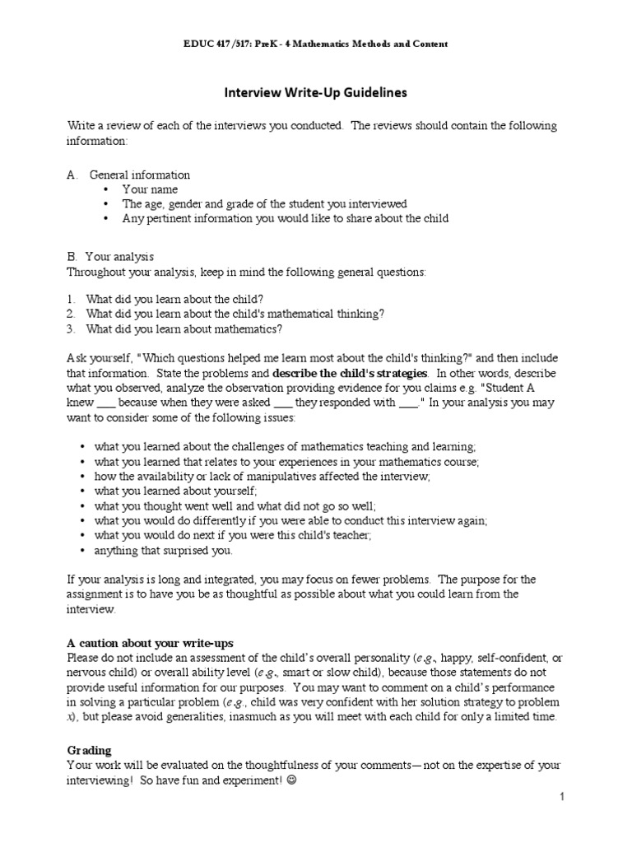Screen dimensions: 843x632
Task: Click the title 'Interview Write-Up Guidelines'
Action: coord(316,93)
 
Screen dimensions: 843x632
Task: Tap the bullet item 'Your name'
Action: coord(150,189)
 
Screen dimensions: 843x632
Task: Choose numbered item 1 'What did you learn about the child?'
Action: coord(175,300)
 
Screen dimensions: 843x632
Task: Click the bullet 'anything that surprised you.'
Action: coord(163,550)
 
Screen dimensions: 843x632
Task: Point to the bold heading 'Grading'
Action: coord(89,751)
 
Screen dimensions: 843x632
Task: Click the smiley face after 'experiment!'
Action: coord(288,780)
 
